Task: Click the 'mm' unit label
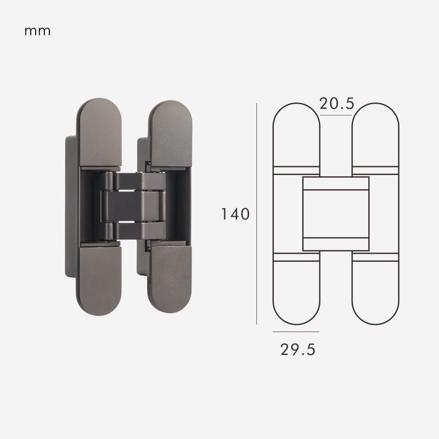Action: click(37, 31)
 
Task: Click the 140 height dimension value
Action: click(235, 214)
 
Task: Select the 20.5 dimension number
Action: click(337, 104)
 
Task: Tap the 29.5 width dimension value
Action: click(298, 350)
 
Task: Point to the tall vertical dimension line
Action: click(257, 214)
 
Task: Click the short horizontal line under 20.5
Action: click(336, 117)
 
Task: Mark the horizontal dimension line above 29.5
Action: click(296, 332)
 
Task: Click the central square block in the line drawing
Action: click(336, 214)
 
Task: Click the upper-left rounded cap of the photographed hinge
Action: click(99, 132)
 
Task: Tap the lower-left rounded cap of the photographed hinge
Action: click(99, 280)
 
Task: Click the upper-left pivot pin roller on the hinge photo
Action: click(108, 181)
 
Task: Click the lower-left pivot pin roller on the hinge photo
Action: click(109, 230)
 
